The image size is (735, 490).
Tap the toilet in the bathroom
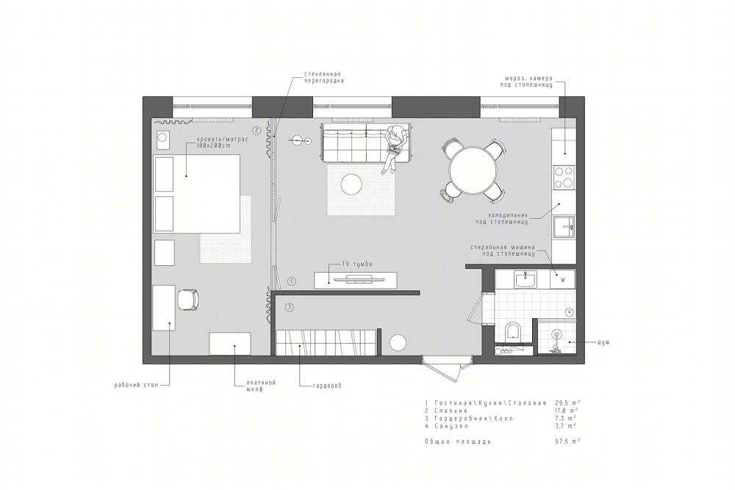[514, 331]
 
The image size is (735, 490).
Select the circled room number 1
[291, 281]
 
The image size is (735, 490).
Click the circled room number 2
[257, 131]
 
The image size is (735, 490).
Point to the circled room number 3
[290, 308]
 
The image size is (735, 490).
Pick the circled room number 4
[569, 312]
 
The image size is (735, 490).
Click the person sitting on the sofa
[394, 148]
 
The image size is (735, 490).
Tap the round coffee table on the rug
[351, 184]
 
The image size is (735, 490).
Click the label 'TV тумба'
[357, 264]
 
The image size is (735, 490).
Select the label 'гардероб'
[327, 386]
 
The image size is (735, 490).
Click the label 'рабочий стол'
[136, 386]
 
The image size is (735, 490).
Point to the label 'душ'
[603, 342]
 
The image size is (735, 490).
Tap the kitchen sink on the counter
[564, 227]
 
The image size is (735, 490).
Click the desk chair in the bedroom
[188, 299]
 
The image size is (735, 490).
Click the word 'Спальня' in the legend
[451, 411]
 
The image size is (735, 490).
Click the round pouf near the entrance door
[398, 343]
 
